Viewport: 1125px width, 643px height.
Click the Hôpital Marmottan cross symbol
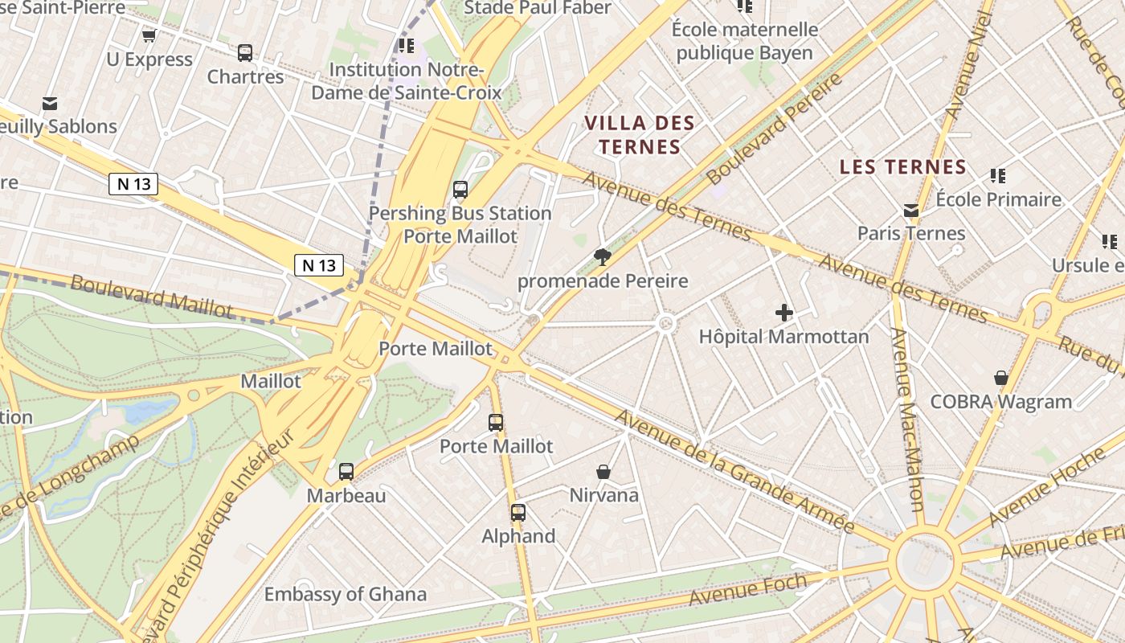(784, 312)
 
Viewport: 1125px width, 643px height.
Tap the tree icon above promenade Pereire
(602, 257)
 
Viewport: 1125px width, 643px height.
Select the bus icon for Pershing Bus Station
(460, 190)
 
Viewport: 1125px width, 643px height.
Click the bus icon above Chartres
(245, 53)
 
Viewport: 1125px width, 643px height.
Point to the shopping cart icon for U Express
(149, 35)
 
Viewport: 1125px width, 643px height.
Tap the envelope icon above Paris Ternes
(910, 210)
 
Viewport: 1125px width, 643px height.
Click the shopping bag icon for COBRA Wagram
(1001, 378)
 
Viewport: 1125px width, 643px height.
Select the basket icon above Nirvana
(603, 472)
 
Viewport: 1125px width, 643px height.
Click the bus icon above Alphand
(518, 512)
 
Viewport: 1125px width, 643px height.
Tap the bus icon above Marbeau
(346, 472)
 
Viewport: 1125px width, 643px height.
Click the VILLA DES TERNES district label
(640, 135)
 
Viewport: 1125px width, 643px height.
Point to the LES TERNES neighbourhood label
(902, 167)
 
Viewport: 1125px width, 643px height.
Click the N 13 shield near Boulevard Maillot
(319, 265)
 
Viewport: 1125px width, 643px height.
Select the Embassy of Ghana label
(346, 595)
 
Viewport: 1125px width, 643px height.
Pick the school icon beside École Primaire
(998, 175)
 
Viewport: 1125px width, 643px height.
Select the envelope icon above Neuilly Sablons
(51, 104)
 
